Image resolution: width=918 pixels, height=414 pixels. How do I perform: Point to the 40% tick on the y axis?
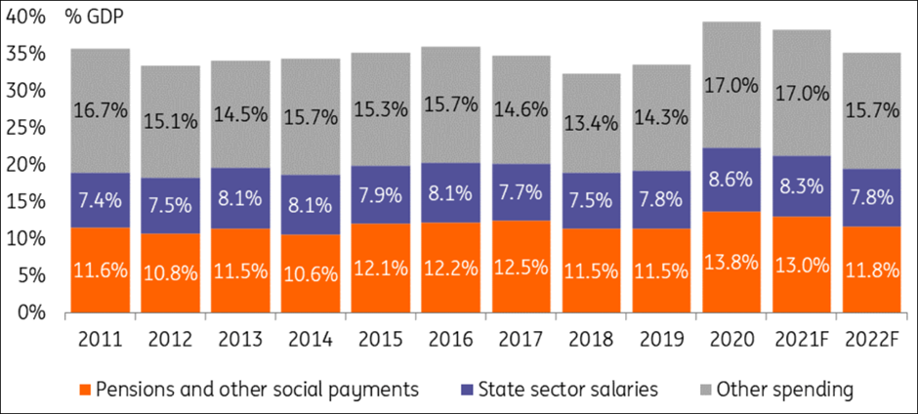[x=29, y=17]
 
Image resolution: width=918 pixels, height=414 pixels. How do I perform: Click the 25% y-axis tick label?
[x=29, y=128]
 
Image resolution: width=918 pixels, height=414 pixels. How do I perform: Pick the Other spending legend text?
[x=785, y=389]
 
